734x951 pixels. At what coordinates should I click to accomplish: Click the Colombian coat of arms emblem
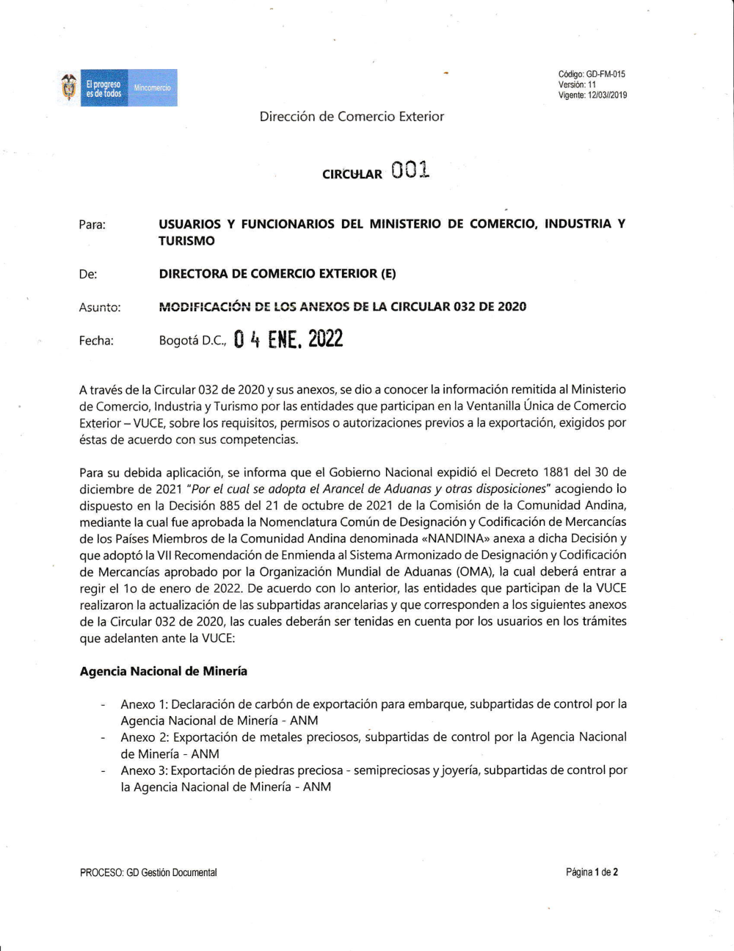(x=69, y=88)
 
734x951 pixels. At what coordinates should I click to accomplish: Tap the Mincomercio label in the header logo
(x=152, y=88)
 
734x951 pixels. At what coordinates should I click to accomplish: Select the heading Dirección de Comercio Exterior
(x=352, y=116)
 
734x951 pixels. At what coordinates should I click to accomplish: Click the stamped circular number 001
(x=410, y=170)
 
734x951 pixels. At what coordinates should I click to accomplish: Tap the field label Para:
(x=92, y=225)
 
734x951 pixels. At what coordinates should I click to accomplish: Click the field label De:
(x=88, y=274)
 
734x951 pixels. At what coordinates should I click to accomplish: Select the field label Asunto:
(x=100, y=308)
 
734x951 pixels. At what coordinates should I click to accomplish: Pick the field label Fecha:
(x=96, y=341)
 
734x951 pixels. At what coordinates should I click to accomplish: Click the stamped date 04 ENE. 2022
(x=288, y=339)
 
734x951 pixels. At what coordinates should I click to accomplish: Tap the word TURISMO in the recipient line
(x=186, y=241)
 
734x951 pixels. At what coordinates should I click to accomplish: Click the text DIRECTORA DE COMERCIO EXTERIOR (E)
(x=277, y=274)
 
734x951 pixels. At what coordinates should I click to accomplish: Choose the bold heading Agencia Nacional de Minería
(x=164, y=671)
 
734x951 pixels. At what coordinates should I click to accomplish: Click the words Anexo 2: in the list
(x=145, y=737)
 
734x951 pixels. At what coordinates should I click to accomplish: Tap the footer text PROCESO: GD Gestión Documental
(x=148, y=872)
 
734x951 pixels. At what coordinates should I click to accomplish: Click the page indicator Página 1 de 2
(x=592, y=872)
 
